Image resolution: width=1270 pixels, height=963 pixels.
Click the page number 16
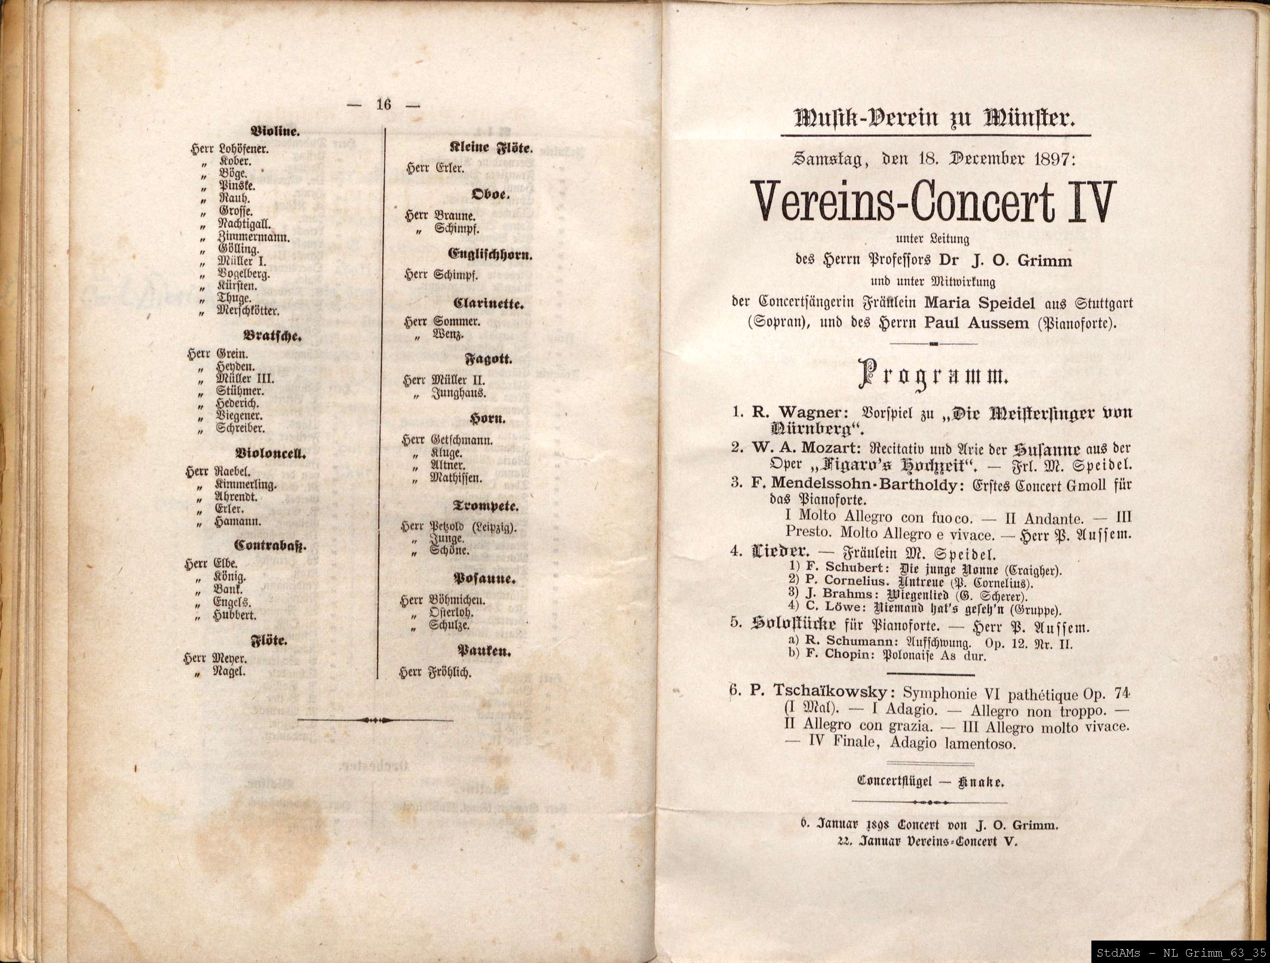point(383,105)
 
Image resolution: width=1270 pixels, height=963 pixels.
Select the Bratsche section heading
point(274,337)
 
